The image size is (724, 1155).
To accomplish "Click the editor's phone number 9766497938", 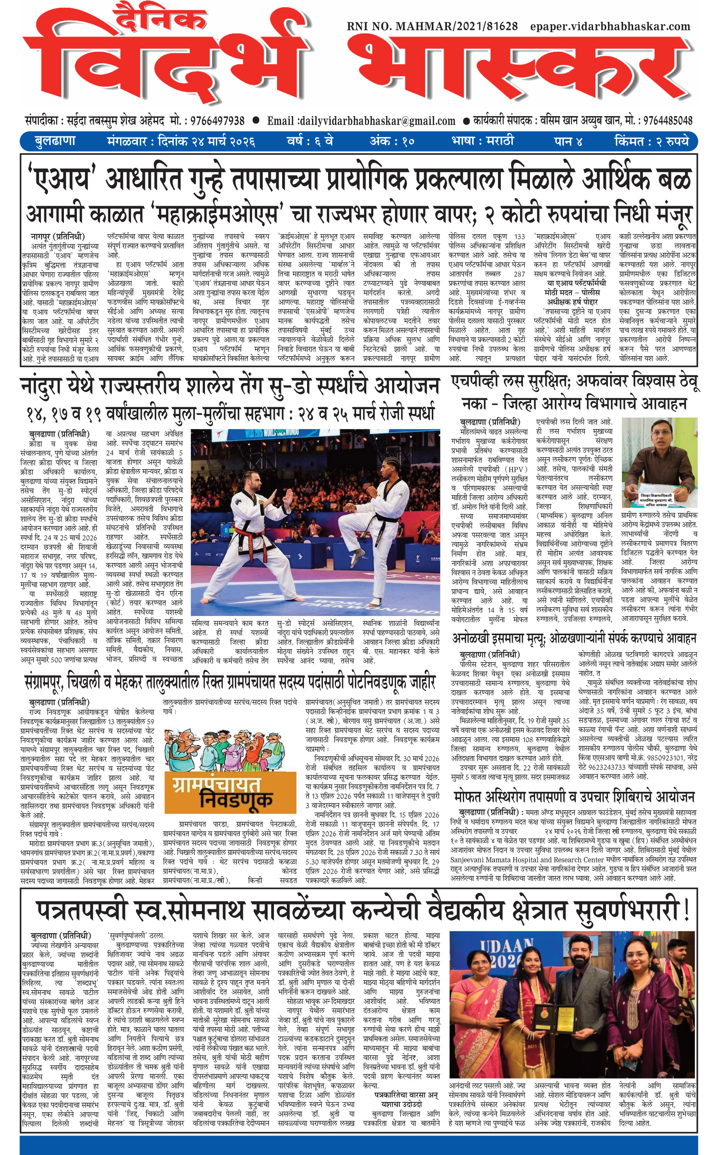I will pos(217,121).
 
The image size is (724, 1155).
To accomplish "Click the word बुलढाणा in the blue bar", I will pos(55,141).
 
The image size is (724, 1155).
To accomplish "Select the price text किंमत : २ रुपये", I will pos(652,141).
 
